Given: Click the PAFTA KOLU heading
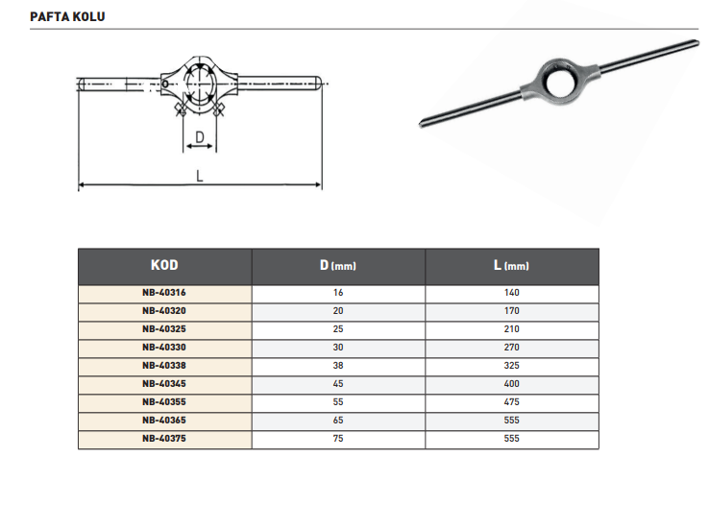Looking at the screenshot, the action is click(67, 16).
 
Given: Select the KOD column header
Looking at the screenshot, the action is click(164, 265).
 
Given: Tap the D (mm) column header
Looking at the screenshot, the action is click(338, 265).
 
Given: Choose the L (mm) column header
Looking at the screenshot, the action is click(511, 265).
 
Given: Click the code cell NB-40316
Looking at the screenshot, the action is click(164, 293).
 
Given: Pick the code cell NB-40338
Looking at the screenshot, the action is click(164, 366).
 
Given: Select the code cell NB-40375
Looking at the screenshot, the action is click(164, 439).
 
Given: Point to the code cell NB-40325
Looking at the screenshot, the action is click(164, 329).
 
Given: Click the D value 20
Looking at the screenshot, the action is click(338, 311).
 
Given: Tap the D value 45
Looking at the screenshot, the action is click(338, 384).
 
